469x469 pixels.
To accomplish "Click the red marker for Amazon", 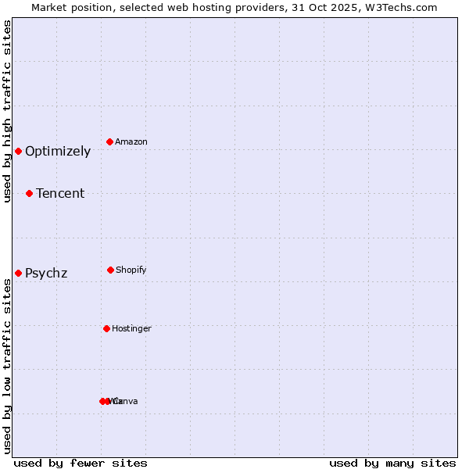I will [x=110, y=141].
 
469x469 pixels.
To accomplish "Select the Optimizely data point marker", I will [x=18, y=151].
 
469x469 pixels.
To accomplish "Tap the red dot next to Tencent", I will [x=29, y=193].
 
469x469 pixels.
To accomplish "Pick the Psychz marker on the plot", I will [x=18, y=273].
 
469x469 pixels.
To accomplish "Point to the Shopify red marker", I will [x=110, y=270].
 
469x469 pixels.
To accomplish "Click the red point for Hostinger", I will [x=106, y=328].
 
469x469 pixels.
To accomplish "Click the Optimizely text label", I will [x=58, y=152].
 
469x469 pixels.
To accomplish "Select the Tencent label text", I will [x=60, y=194].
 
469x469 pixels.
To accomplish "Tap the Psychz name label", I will [x=46, y=274].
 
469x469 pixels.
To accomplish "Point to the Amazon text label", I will [x=131, y=142].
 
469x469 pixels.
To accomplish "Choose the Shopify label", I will [x=131, y=270].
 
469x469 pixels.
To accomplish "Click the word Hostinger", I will [x=131, y=329].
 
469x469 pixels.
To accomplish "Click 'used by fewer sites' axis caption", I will [x=81, y=464].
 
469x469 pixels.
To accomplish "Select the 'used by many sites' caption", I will [x=392, y=464].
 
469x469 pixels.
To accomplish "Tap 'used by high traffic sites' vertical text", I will [x=7, y=111].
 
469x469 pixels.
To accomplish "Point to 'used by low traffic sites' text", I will [x=7, y=366].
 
